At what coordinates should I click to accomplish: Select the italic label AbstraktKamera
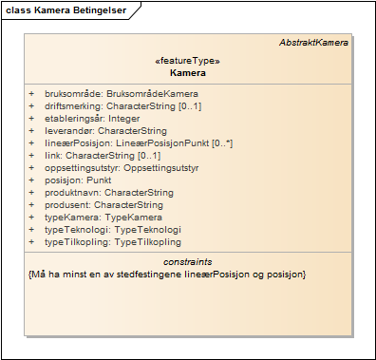(x=313, y=43)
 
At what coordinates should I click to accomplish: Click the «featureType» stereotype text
(x=187, y=61)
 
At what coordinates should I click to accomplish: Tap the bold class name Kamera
(x=187, y=72)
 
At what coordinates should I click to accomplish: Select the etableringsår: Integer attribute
(x=91, y=118)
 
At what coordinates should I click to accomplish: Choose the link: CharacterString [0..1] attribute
(x=103, y=155)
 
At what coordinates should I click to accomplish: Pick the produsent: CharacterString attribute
(x=103, y=204)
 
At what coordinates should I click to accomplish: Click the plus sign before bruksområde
(x=31, y=94)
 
